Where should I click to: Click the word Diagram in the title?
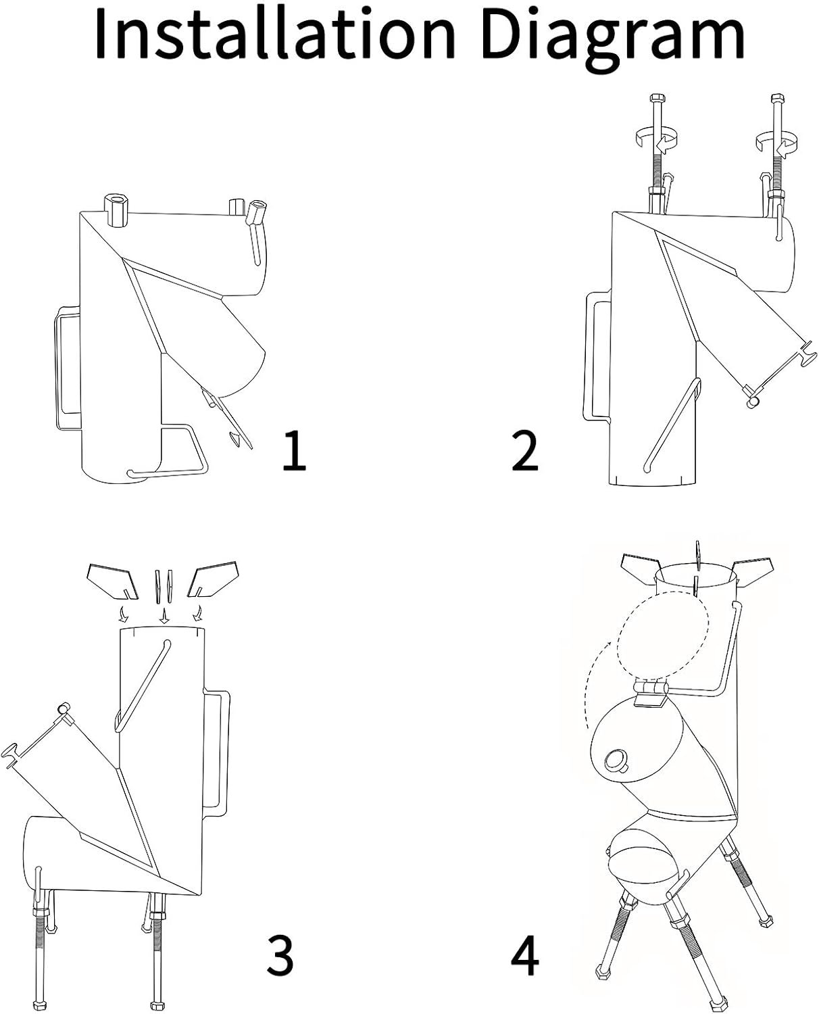click(613, 41)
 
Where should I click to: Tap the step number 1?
click(295, 450)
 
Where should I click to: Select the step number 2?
click(524, 450)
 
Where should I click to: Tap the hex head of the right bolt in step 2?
click(776, 99)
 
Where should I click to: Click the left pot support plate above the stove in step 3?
click(111, 580)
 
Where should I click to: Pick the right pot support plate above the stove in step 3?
click(213, 579)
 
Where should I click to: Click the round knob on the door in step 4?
click(617, 759)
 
